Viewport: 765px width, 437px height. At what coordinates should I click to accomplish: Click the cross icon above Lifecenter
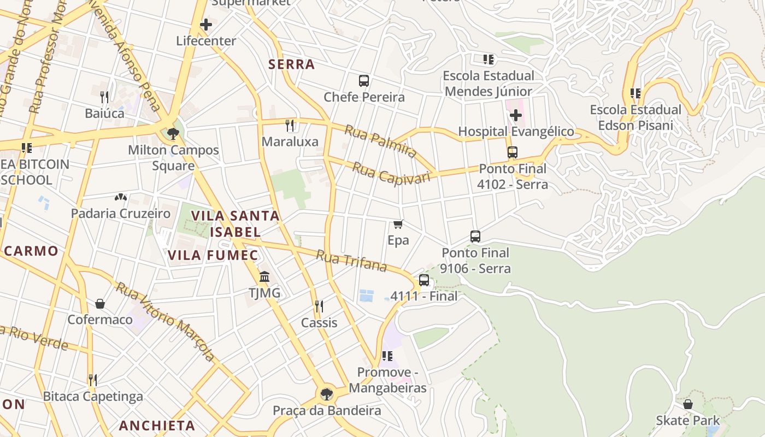click(x=206, y=25)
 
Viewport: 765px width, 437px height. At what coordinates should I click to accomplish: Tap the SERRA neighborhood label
click(x=291, y=64)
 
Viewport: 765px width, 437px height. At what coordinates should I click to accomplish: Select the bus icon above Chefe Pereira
click(x=364, y=81)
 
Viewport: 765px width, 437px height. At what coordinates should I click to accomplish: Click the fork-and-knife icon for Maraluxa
click(x=290, y=126)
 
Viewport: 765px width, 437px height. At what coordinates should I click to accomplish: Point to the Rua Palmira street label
click(x=380, y=141)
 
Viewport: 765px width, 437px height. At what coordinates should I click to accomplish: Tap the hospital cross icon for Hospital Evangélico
click(x=516, y=115)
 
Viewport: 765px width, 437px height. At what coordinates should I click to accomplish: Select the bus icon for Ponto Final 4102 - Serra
click(x=513, y=152)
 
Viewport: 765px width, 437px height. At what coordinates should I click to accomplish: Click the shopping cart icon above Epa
click(x=398, y=224)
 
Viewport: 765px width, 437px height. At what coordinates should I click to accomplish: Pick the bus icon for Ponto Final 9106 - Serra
click(x=475, y=237)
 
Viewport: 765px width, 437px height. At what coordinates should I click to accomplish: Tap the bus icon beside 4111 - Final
click(x=424, y=280)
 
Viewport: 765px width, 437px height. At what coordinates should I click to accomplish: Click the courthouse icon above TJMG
click(x=265, y=277)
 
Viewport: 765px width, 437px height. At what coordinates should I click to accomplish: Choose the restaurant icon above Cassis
click(x=319, y=306)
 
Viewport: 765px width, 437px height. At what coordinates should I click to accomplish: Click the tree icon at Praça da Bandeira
click(x=326, y=394)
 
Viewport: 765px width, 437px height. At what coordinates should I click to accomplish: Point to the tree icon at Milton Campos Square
click(x=173, y=133)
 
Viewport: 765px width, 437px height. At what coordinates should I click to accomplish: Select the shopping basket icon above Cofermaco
click(x=100, y=303)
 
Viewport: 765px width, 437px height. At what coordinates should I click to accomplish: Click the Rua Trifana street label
click(x=352, y=261)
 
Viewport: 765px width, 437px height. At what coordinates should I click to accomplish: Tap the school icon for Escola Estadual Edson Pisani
click(x=635, y=93)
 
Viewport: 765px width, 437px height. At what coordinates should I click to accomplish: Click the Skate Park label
click(x=688, y=421)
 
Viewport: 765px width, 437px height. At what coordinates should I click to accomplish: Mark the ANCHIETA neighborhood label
click(x=157, y=426)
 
